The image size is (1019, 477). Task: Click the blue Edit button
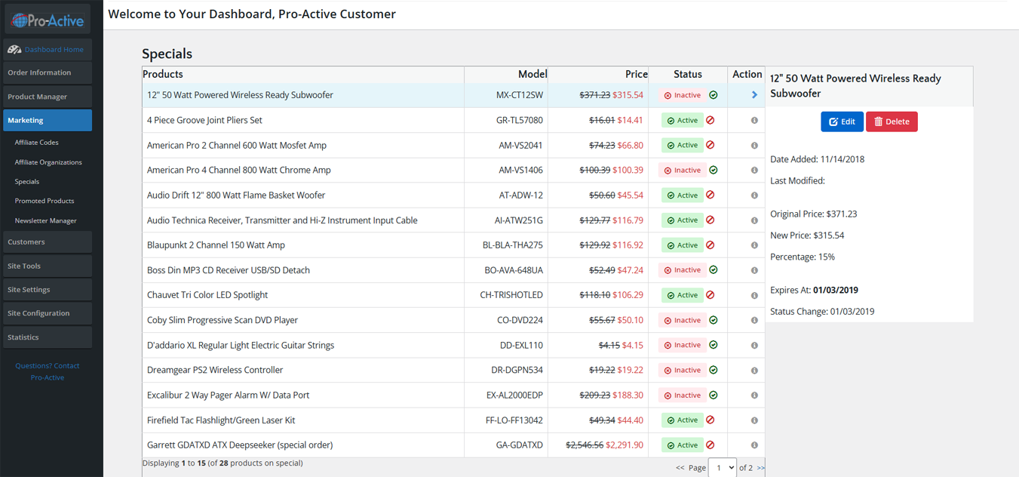(842, 122)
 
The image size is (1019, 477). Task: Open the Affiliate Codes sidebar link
(36, 143)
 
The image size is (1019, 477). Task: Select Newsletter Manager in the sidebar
(45, 220)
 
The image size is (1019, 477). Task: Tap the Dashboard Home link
(54, 50)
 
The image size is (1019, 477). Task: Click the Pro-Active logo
(48, 20)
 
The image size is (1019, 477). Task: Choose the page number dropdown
(723, 467)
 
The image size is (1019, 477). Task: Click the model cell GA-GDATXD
(519, 445)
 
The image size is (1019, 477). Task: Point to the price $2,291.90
(624, 445)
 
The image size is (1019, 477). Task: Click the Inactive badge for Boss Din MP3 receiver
(683, 270)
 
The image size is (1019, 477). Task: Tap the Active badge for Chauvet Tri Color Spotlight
(683, 295)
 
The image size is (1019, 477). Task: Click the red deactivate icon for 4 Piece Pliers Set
(710, 120)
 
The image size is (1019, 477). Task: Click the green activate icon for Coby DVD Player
(714, 320)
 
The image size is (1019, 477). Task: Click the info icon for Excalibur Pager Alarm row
(754, 395)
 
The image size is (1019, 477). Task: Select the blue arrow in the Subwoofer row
(754, 94)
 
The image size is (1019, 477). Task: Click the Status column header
(687, 74)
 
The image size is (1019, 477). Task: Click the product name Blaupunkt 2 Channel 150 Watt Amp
(216, 245)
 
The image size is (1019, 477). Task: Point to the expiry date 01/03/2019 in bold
(835, 290)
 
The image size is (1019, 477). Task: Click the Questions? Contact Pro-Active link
(48, 371)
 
